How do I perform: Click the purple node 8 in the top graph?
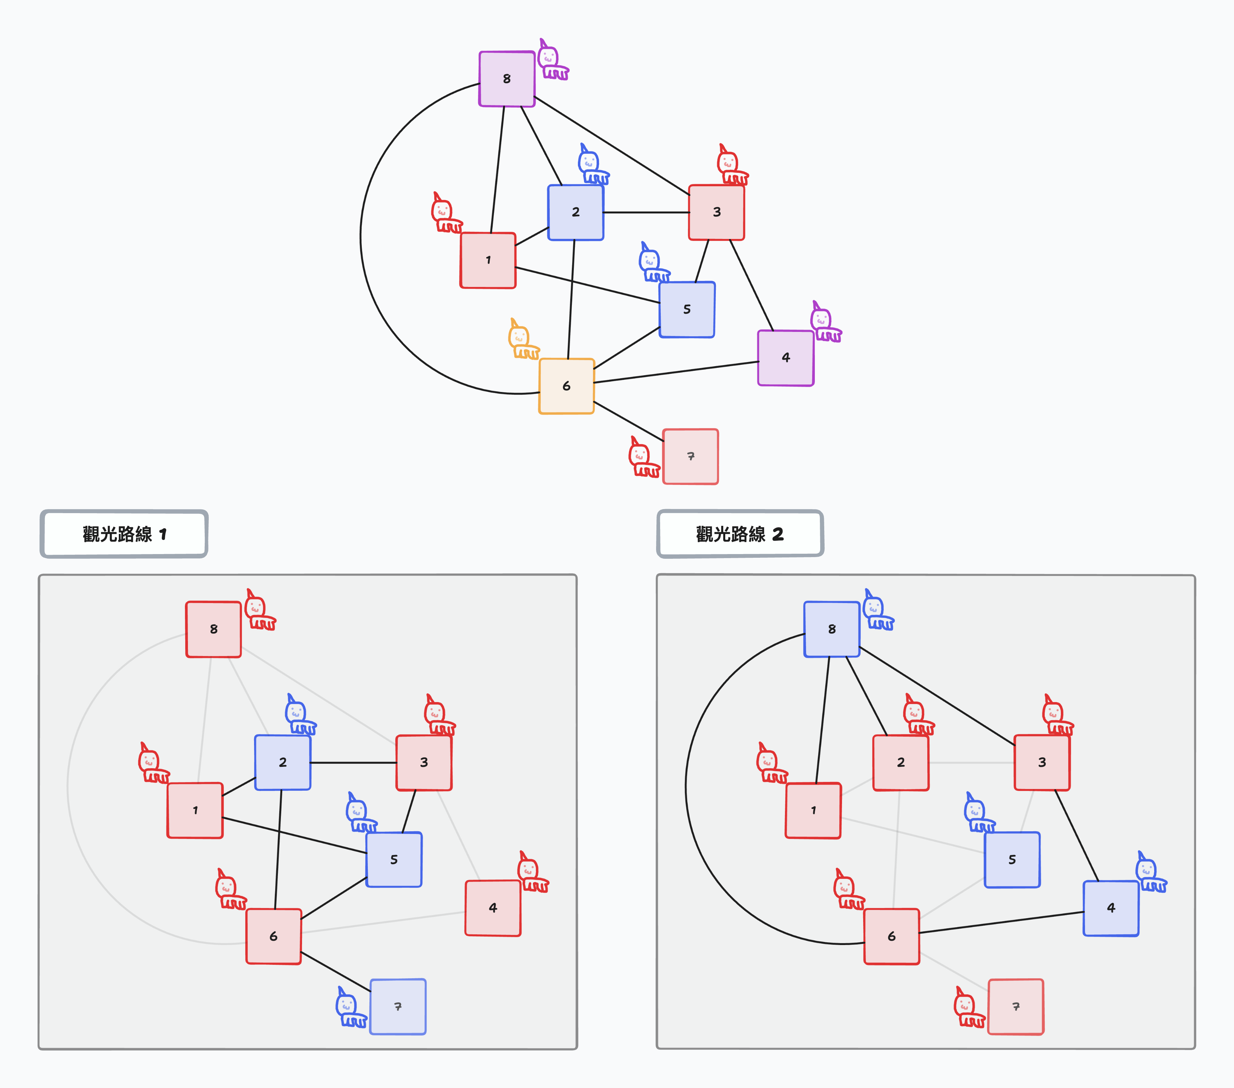coord(506,79)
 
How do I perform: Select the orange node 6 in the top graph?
coord(566,386)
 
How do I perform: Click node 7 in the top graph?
coord(691,456)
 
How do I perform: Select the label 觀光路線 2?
coord(740,534)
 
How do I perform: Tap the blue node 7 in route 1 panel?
coord(398,1006)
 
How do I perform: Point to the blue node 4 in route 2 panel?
coord(1111,908)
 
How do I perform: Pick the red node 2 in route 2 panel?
coord(901,762)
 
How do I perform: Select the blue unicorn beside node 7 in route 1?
coord(350,1008)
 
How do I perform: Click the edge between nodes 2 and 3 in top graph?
coord(646,212)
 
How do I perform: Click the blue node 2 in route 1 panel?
coord(283,762)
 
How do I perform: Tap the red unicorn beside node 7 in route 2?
coord(968,1008)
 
